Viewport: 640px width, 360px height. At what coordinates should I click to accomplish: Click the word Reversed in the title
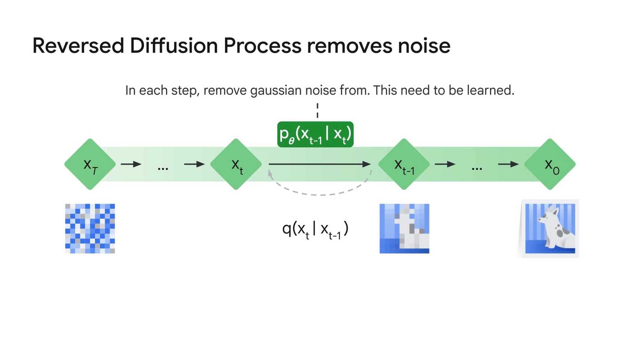(x=78, y=46)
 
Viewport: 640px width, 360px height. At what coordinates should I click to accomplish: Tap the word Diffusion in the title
(x=174, y=46)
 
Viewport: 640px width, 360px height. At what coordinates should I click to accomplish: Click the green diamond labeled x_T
(x=90, y=164)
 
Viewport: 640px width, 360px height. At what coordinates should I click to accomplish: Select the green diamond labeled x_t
(x=236, y=164)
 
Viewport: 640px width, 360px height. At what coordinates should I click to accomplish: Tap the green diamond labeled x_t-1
(x=404, y=164)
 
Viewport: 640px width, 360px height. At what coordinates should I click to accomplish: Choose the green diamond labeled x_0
(x=550, y=164)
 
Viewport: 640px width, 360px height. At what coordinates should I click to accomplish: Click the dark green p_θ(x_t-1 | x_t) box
(x=315, y=134)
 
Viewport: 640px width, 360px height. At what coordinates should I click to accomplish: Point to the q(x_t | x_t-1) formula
(x=315, y=230)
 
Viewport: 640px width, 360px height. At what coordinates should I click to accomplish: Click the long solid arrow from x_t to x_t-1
(x=320, y=164)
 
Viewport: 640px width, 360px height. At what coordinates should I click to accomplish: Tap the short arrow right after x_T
(x=131, y=164)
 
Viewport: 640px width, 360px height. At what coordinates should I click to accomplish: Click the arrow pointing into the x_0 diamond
(x=508, y=164)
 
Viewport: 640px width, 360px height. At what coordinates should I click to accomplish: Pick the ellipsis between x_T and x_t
(x=163, y=169)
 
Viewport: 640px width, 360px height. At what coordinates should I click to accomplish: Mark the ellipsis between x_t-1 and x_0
(x=477, y=169)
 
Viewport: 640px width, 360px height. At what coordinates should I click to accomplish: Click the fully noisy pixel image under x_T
(x=90, y=229)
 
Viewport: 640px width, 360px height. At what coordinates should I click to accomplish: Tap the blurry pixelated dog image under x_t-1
(x=405, y=229)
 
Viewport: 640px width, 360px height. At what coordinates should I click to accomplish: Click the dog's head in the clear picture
(x=548, y=215)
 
